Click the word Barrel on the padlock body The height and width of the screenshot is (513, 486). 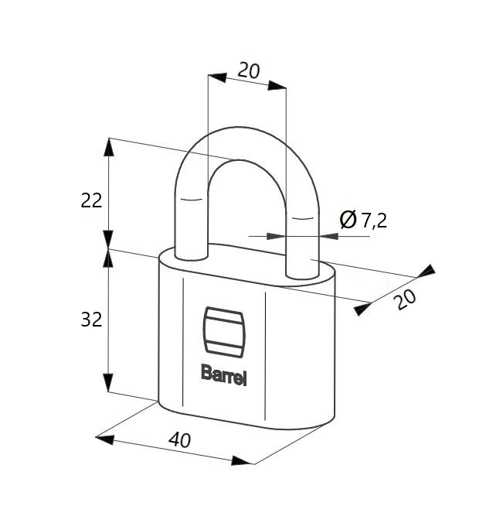pos(224,375)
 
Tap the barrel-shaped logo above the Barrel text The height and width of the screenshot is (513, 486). pos(224,331)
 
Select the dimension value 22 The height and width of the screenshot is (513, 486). pos(91,200)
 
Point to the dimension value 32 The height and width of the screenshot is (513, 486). pos(91,320)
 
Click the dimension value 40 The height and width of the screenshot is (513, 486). pos(179,439)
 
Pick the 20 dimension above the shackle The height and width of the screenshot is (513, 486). pos(249,70)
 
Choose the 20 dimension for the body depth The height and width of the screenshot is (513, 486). pos(406,299)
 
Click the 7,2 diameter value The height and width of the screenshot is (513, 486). pos(374,221)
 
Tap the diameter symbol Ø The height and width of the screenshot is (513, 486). pos(348,220)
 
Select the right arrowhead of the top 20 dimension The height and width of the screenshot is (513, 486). pos(277,86)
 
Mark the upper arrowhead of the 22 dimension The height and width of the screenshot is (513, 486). pos(109,148)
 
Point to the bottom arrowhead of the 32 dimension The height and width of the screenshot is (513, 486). pos(108,382)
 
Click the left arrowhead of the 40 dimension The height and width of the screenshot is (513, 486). pos(105,439)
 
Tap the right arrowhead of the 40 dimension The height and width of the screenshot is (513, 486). pos(242,460)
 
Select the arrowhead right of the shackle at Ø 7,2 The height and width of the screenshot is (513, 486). pos(329,236)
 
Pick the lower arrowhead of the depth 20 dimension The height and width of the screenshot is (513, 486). pos(363,310)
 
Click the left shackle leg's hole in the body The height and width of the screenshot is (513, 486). pos(192,258)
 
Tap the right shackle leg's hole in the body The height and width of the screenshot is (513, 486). pos(302,276)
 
